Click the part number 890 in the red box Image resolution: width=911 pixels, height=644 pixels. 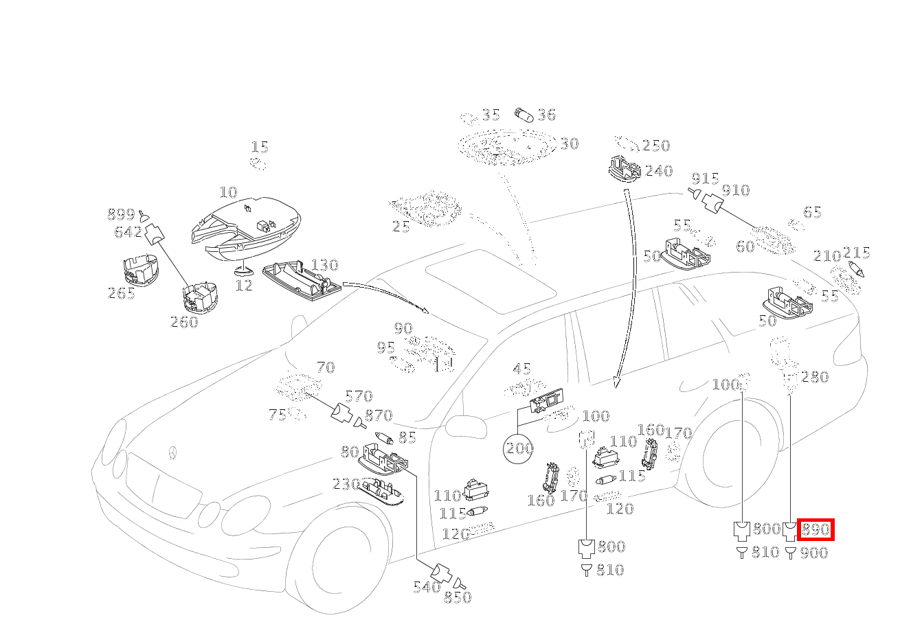pyautogui.click(x=816, y=530)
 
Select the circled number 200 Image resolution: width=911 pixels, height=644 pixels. pyautogui.click(x=519, y=449)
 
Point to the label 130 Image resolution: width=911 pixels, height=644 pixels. pyautogui.click(x=324, y=265)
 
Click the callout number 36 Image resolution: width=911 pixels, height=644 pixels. pyautogui.click(x=546, y=115)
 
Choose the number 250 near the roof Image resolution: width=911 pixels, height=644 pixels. pyautogui.click(x=655, y=146)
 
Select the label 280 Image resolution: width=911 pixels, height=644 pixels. pyautogui.click(x=815, y=377)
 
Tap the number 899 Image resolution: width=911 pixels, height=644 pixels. pyautogui.click(x=121, y=214)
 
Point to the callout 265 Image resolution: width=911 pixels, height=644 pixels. pyautogui.click(x=121, y=294)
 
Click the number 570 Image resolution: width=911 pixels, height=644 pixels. pyautogui.click(x=359, y=396)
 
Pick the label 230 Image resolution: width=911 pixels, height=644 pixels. pyautogui.click(x=346, y=485)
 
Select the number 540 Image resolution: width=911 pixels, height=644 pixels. pyautogui.click(x=426, y=587)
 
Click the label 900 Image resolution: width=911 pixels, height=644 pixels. pyautogui.click(x=814, y=553)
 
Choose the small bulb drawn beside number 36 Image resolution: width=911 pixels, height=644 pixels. pyautogui.click(x=524, y=115)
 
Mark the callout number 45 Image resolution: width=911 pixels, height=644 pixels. pyautogui.click(x=522, y=369)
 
